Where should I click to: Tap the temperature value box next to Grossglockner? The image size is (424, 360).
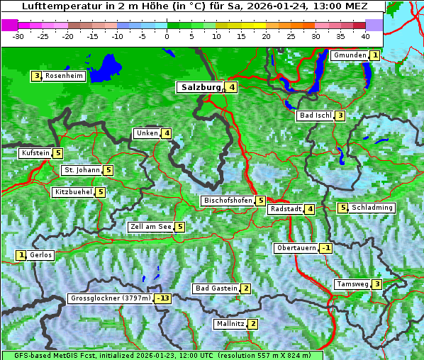pyautogui.click(x=164, y=298)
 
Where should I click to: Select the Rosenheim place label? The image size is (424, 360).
pyautogui.click(x=64, y=76)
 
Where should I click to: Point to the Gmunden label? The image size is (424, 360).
pyautogui.click(x=350, y=55)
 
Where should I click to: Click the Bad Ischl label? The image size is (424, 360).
pyautogui.click(x=315, y=116)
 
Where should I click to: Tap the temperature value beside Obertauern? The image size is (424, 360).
pyautogui.click(x=325, y=248)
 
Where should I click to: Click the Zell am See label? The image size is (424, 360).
pyautogui.click(x=151, y=227)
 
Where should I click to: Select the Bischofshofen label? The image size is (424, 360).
pyautogui.click(x=228, y=201)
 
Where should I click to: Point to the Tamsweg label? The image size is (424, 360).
pyautogui.click(x=352, y=284)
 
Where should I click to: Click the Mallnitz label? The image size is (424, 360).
pyautogui.click(x=230, y=324)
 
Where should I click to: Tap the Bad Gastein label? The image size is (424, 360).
pyautogui.click(x=216, y=288)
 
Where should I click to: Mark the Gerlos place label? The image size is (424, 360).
pyautogui.click(x=41, y=255)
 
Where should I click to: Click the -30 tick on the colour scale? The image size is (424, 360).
pyautogui.click(x=18, y=35)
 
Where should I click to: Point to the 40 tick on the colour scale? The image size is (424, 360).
pyautogui.click(x=365, y=35)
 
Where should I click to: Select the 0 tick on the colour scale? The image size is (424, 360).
pyautogui.click(x=167, y=35)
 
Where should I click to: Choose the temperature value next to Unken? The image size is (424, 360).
pyautogui.click(x=167, y=133)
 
